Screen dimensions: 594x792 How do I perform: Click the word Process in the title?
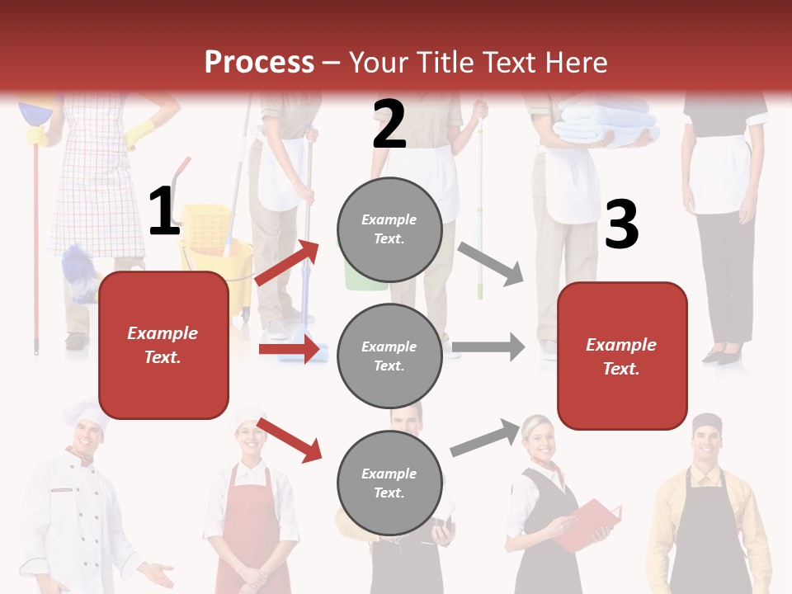pos(259,62)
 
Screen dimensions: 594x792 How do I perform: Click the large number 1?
pos(164,212)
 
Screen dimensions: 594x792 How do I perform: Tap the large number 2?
pos(389,125)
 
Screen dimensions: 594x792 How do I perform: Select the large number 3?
pos(621,225)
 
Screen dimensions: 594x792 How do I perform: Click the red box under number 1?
pos(163,345)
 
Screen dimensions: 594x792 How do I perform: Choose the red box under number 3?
pos(622,356)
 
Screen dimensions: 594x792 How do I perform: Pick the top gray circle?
pos(389,229)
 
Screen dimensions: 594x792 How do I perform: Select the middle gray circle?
pos(389,356)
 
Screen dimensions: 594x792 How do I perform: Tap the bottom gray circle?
pos(389,483)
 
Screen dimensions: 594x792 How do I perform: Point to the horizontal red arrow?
pos(289,349)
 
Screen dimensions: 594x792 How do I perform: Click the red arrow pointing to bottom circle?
pos(290,440)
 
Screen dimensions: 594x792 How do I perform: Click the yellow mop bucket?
pos(216,247)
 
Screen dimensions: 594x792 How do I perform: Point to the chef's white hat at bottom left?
pos(84,416)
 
